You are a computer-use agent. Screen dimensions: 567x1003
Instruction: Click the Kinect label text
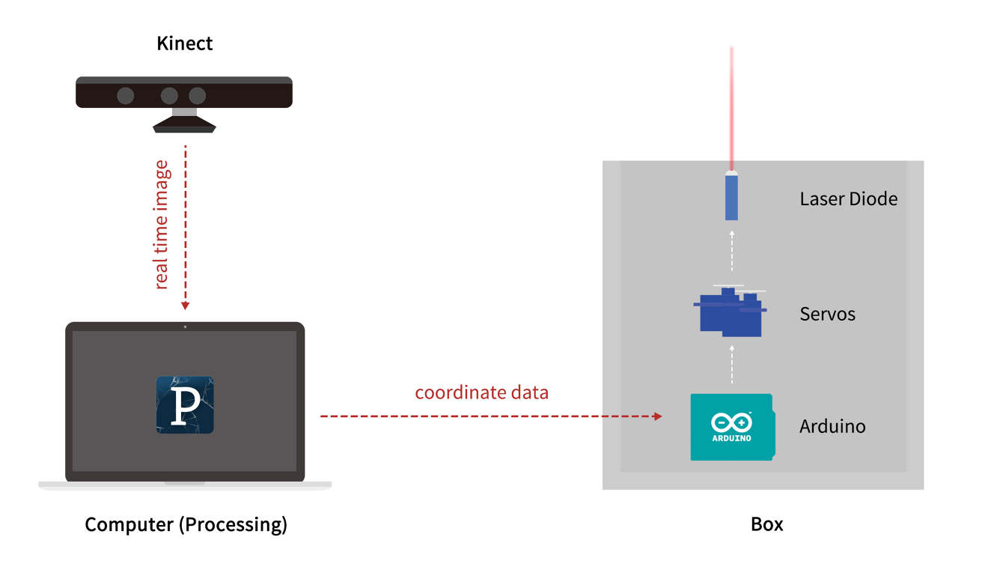(x=184, y=43)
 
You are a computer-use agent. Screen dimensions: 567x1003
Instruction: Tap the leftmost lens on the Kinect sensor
(x=126, y=95)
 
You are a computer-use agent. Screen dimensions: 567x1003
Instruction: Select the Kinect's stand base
(x=184, y=127)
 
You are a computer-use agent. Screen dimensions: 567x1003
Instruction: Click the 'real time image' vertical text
(x=162, y=225)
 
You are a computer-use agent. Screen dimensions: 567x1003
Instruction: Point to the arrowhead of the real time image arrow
(x=185, y=306)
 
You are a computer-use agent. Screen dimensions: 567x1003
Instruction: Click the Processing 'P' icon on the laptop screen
(x=185, y=405)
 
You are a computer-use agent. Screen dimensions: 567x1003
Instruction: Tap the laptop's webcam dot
(x=185, y=327)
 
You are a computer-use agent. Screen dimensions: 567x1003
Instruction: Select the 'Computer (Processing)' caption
(x=186, y=524)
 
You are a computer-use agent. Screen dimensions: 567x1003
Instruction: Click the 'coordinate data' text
(x=481, y=392)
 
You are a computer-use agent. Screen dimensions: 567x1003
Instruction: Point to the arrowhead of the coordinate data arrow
(x=658, y=416)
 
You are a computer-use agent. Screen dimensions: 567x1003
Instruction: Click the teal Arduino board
(x=731, y=427)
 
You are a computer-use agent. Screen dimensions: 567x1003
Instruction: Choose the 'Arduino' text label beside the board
(x=832, y=426)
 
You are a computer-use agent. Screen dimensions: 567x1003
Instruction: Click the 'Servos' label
(x=827, y=314)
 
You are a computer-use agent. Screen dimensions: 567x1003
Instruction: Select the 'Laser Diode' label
(x=848, y=198)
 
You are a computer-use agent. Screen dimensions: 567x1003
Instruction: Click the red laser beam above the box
(x=731, y=105)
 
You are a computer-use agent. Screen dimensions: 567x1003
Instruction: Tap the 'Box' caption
(x=766, y=524)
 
